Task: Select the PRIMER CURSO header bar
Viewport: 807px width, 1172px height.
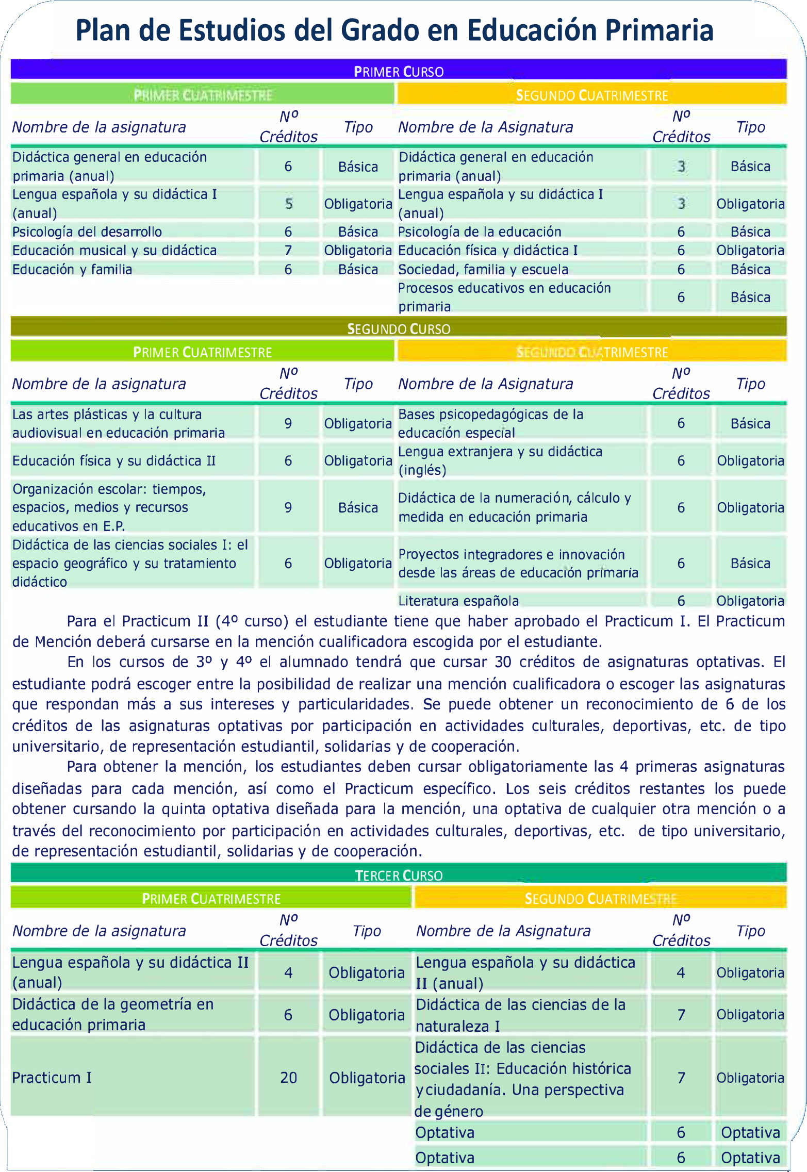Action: tap(398, 71)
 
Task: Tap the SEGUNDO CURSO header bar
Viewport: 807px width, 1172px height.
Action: tap(398, 328)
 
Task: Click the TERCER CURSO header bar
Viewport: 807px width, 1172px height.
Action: tap(398, 874)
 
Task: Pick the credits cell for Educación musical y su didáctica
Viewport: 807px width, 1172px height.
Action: tap(288, 250)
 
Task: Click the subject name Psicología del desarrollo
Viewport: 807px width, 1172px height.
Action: tap(87, 232)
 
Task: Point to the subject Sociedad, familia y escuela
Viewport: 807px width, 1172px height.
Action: tap(483, 269)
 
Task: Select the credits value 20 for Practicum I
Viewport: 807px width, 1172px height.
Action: tap(288, 1077)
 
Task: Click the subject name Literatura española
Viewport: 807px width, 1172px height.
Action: tap(458, 601)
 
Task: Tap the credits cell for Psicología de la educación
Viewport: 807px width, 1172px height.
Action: tap(681, 232)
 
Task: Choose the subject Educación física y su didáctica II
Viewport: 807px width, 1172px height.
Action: tap(114, 460)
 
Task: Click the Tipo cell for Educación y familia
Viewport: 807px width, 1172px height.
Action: tap(358, 269)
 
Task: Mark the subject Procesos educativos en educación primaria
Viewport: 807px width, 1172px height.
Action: tap(504, 297)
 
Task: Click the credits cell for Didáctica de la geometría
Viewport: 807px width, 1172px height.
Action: tap(288, 1015)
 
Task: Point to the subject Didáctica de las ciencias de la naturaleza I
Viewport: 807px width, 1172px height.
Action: tap(520, 1015)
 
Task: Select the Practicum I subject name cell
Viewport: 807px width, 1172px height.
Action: tap(52, 1077)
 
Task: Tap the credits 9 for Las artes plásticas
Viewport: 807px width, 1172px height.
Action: tap(288, 423)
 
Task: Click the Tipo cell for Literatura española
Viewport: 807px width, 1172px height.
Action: tap(750, 601)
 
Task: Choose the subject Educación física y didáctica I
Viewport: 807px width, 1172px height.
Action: tap(488, 250)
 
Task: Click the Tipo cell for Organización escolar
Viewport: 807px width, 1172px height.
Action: tap(358, 507)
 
